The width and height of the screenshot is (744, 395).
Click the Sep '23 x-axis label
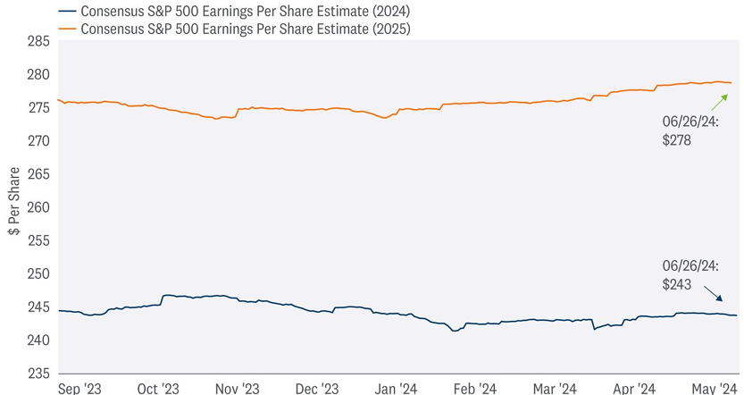pyautogui.click(x=79, y=388)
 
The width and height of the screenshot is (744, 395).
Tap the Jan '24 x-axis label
pyautogui.click(x=397, y=388)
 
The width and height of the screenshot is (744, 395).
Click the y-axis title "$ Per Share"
pyautogui.click(x=13, y=208)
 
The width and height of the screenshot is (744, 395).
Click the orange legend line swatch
pyautogui.click(x=65, y=29)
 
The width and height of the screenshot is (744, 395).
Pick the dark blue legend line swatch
pyautogui.click(x=65, y=12)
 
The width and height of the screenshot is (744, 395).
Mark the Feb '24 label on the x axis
pyautogui.click(x=475, y=388)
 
